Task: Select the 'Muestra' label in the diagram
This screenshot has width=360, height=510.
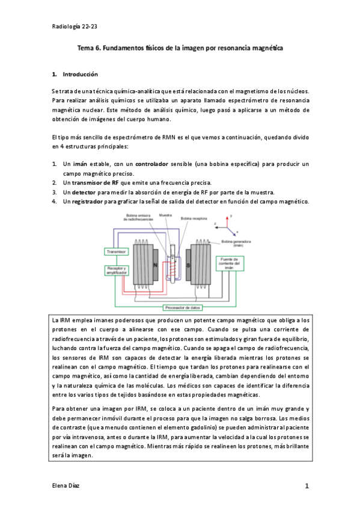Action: coord(164,214)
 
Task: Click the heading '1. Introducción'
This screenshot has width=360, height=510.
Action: coord(75,75)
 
